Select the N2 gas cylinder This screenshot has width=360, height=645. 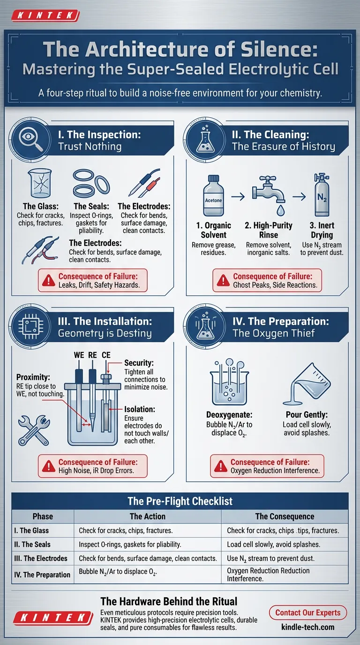(x=322, y=195)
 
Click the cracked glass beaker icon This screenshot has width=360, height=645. (x=40, y=183)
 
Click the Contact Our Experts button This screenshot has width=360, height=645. (x=308, y=613)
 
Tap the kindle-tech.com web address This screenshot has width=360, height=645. (x=308, y=627)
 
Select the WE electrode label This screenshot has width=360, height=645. (x=79, y=355)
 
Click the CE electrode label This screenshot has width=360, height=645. (x=106, y=355)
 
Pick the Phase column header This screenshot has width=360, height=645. (x=43, y=516)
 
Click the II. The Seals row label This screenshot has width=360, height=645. (x=32, y=544)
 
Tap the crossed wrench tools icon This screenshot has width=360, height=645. (x=34, y=430)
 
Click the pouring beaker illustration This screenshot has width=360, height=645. (x=307, y=384)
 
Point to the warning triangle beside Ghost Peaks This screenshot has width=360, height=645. (x=223, y=280)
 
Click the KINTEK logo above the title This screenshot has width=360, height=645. (x=45, y=15)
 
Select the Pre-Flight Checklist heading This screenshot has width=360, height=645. (x=180, y=501)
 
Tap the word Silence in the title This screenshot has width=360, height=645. (x=279, y=49)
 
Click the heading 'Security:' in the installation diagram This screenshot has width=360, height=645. (x=139, y=363)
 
